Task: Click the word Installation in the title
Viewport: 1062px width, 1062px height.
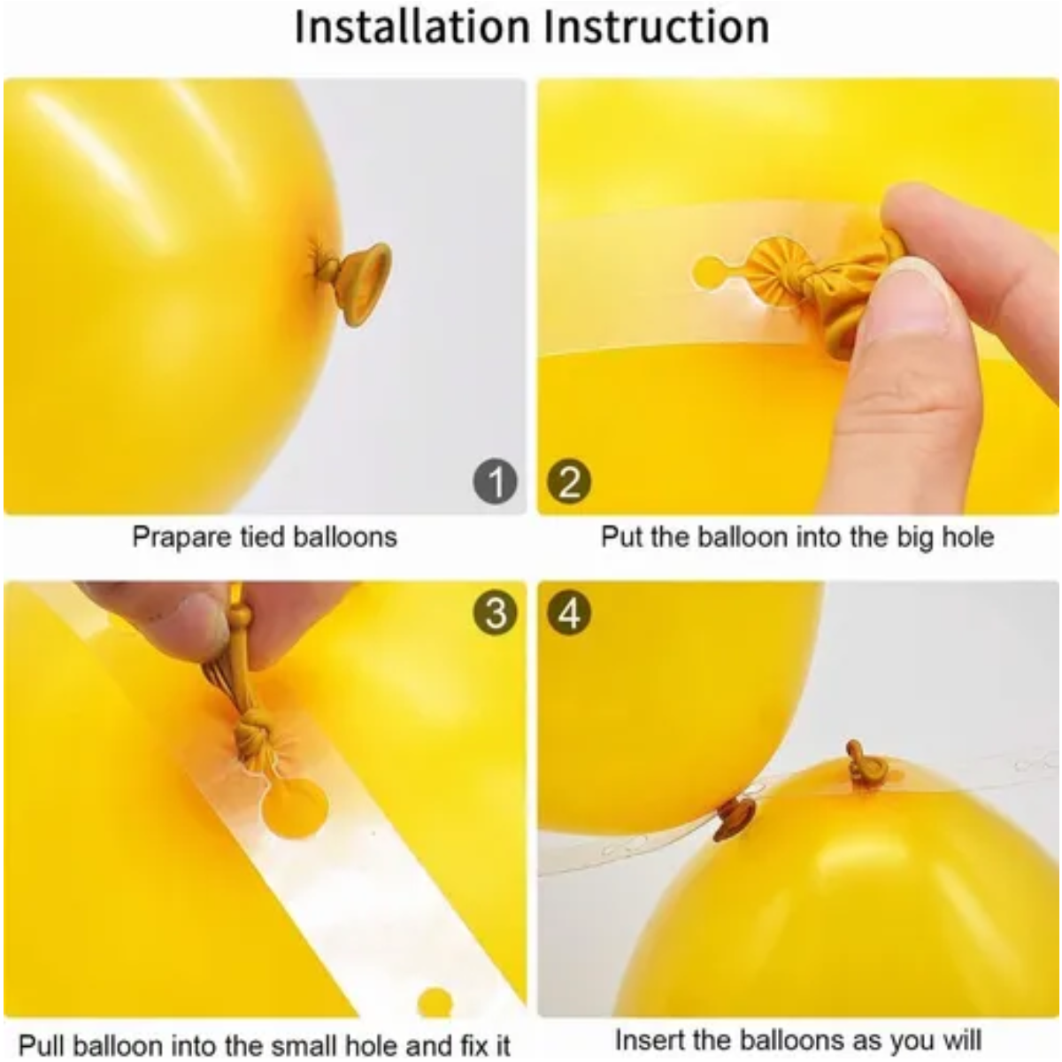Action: [x=412, y=27]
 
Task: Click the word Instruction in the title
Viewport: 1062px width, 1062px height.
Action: [x=657, y=27]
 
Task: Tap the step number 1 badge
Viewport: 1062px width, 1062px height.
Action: [x=495, y=482]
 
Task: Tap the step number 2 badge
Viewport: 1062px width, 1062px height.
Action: [x=569, y=482]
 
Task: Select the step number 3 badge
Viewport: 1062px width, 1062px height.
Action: [x=495, y=612]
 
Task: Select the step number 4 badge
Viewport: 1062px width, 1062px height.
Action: [x=569, y=612]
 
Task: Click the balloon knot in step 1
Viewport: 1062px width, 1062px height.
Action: [x=353, y=282]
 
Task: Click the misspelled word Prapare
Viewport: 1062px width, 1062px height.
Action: [x=181, y=537]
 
